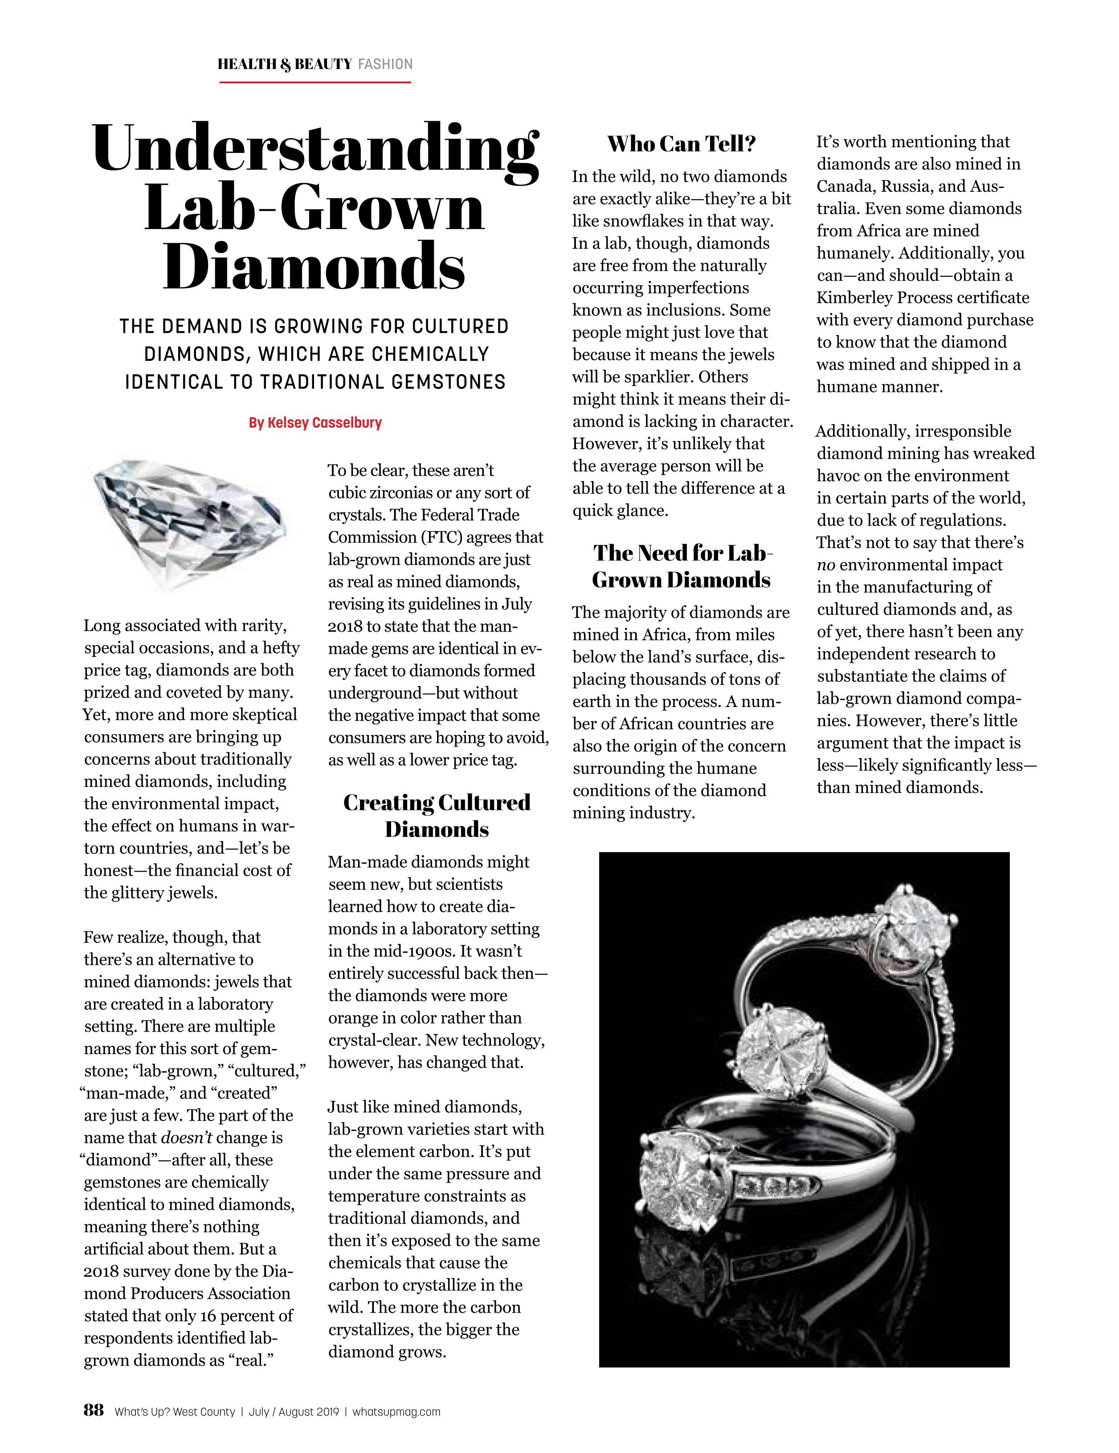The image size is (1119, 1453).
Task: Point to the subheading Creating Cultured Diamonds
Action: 437,816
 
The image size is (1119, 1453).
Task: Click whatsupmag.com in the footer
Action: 396,1412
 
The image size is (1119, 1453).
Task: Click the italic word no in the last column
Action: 825,566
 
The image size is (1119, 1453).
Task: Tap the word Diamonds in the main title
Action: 314,266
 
